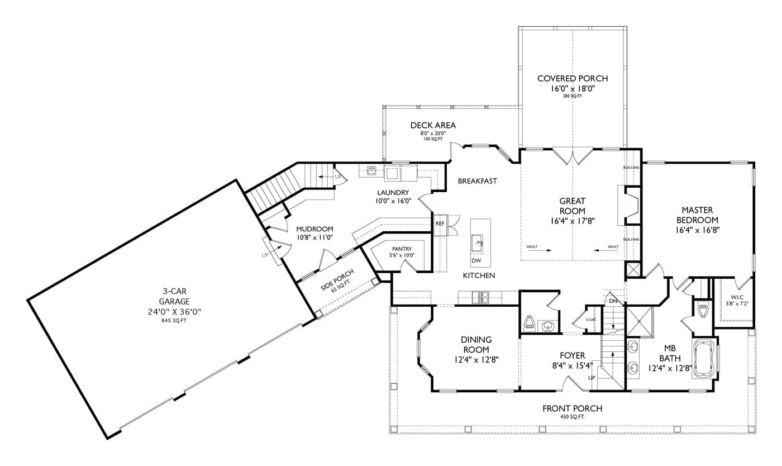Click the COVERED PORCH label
(572, 79)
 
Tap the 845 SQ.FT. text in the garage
(174, 320)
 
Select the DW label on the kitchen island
(476, 261)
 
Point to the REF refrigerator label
(440, 224)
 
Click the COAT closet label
(591, 319)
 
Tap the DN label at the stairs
(613, 302)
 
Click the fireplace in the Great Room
(631, 206)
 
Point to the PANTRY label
(402, 249)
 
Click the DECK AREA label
(433, 125)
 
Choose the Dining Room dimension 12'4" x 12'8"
(476, 360)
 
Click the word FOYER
(572, 355)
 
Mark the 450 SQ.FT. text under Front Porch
(572, 417)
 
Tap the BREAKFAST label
(477, 181)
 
